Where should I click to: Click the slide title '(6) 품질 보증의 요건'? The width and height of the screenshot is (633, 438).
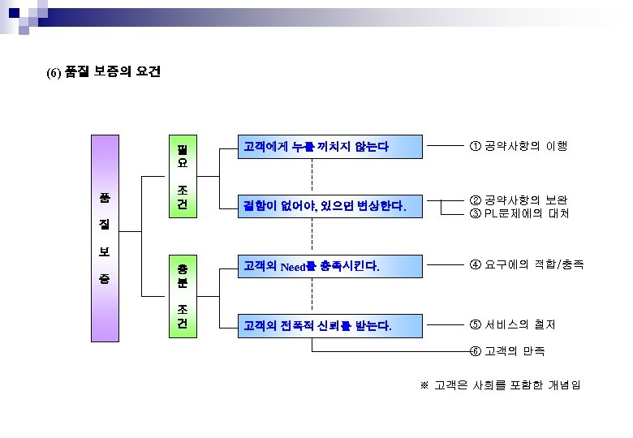point(103,72)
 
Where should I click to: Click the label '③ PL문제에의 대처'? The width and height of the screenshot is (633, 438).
point(519,213)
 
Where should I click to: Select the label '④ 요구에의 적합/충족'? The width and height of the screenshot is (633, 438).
point(526,264)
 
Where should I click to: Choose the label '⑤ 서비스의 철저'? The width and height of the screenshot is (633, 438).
point(512,325)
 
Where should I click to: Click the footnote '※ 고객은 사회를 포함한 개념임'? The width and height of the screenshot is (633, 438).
point(499,384)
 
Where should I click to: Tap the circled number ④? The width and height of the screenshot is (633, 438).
point(475,264)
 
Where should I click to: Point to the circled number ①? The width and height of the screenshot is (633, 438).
point(475,147)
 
